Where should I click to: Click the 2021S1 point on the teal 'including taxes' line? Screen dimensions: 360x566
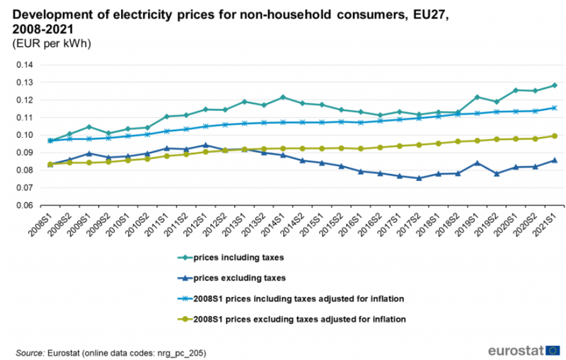555,86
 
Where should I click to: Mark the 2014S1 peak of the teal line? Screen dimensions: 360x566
282,97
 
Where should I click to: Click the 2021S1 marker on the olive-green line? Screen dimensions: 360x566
555,136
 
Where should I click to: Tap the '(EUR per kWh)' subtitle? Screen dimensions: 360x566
52,44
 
